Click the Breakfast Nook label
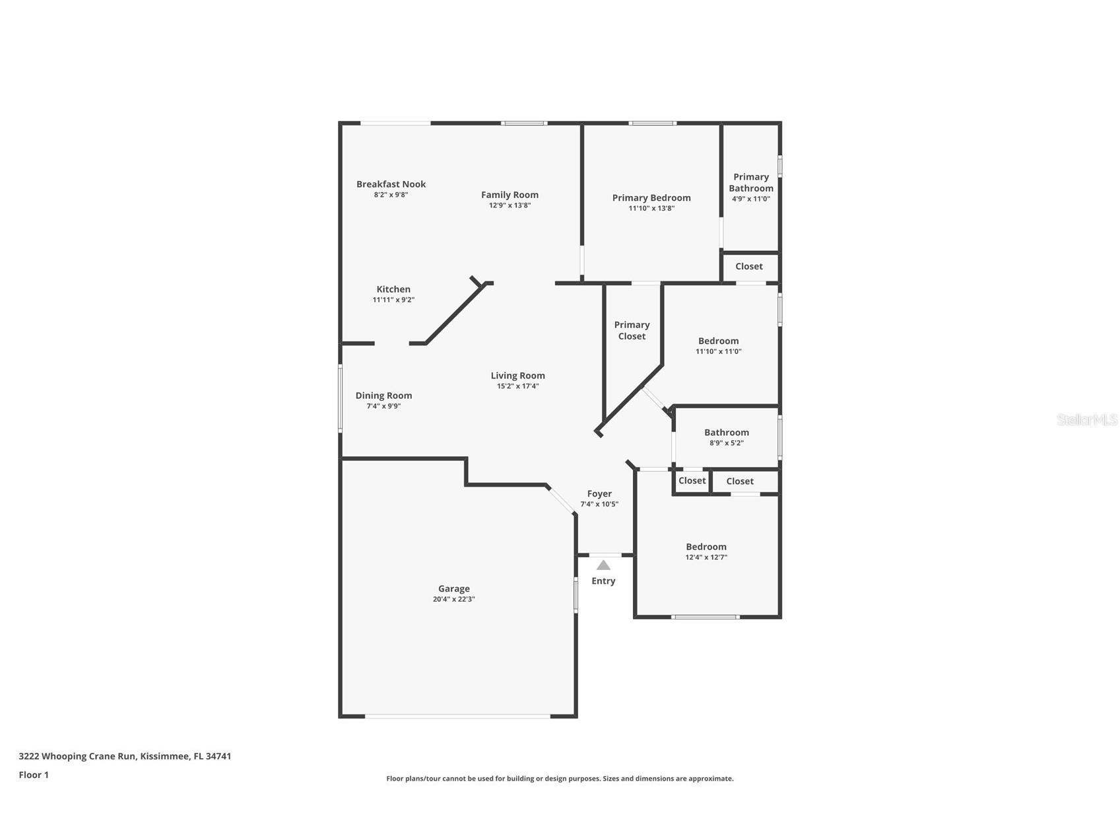click(391, 184)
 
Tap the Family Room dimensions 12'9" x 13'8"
click(510, 205)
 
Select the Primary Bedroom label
click(651, 197)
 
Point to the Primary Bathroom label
click(751, 182)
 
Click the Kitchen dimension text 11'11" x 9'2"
click(393, 300)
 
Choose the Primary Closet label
click(632, 330)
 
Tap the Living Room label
click(517, 376)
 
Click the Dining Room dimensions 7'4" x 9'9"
click(383, 406)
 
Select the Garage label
click(454, 588)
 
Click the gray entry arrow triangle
click(603, 565)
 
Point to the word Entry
click(603, 581)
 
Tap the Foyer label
click(599, 493)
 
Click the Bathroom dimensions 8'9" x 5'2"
click(726, 443)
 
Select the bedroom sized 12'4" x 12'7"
click(706, 551)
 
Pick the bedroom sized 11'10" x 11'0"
click(718, 346)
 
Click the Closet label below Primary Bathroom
click(748, 266)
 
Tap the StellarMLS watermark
click(1087, 419)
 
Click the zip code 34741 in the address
click(218, 756)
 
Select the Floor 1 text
click(34, 775)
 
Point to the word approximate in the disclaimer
click(711, 779)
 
